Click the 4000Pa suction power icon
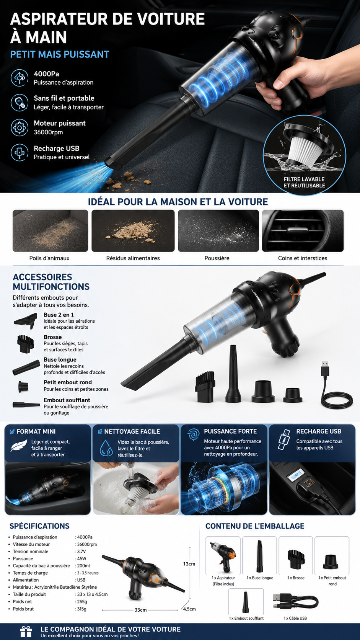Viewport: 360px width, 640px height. [x=20, y=77]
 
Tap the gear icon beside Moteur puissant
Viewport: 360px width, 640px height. [x=20, y=127]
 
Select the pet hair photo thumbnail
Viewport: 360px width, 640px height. [x=50, y=230]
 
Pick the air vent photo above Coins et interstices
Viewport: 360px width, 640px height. [x=303, y=230]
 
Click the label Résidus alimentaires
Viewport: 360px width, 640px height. [x=133, y=258]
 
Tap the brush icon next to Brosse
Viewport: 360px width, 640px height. [x=25, y=344]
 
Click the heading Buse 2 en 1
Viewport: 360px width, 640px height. [x=59, y=315]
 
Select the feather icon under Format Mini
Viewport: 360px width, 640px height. [x=19, y=446]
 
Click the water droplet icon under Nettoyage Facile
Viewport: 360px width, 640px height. [x=106, y=448]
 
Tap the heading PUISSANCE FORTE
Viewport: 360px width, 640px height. [x=230, y=431]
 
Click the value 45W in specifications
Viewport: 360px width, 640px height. [x=81, y=558]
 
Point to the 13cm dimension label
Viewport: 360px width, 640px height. [x=189, y=564]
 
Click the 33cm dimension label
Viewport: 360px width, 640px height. [x=140, y=610]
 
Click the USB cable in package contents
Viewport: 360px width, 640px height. [x=295, y=601]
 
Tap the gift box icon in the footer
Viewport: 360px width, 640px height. [x=26, y=632]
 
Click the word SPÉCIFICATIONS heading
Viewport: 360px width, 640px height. [x=39, y=526]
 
